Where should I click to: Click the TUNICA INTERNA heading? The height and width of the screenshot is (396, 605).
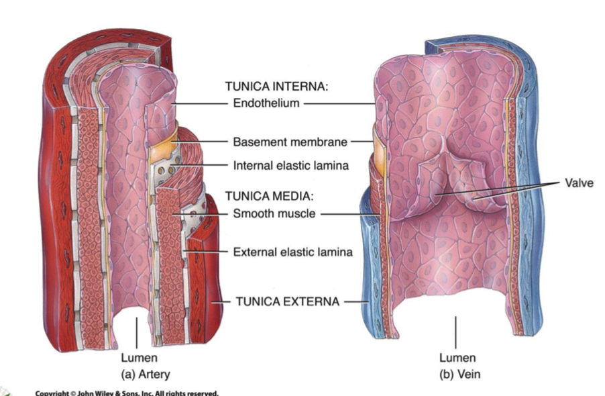click(277, 87)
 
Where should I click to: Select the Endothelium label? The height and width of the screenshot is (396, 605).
click(266, 103)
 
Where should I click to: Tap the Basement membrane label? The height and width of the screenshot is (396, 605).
click(290, 142)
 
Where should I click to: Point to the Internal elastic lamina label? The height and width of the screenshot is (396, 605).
click(290, 165)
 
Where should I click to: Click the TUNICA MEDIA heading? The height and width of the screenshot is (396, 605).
click(270, 196)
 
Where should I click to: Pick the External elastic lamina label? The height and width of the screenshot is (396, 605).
click(292, 252)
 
